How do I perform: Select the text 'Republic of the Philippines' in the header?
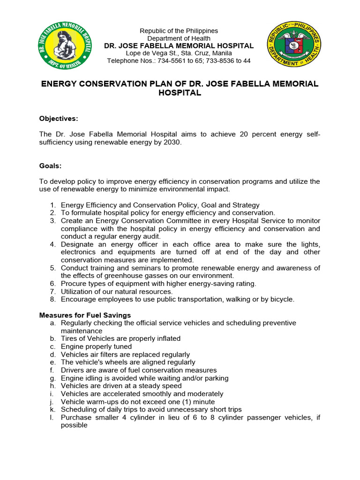tap(179, 31)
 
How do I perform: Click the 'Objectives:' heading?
tap(59, 118)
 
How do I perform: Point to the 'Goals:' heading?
tap(50, 165)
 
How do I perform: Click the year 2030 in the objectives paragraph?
tap(171, 142)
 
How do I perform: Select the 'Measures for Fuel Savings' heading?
tap(85, 315)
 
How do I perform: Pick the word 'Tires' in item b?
tap(69, 338)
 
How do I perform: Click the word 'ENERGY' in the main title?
tap(63, 83)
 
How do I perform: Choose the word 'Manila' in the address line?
tap(222, 53)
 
